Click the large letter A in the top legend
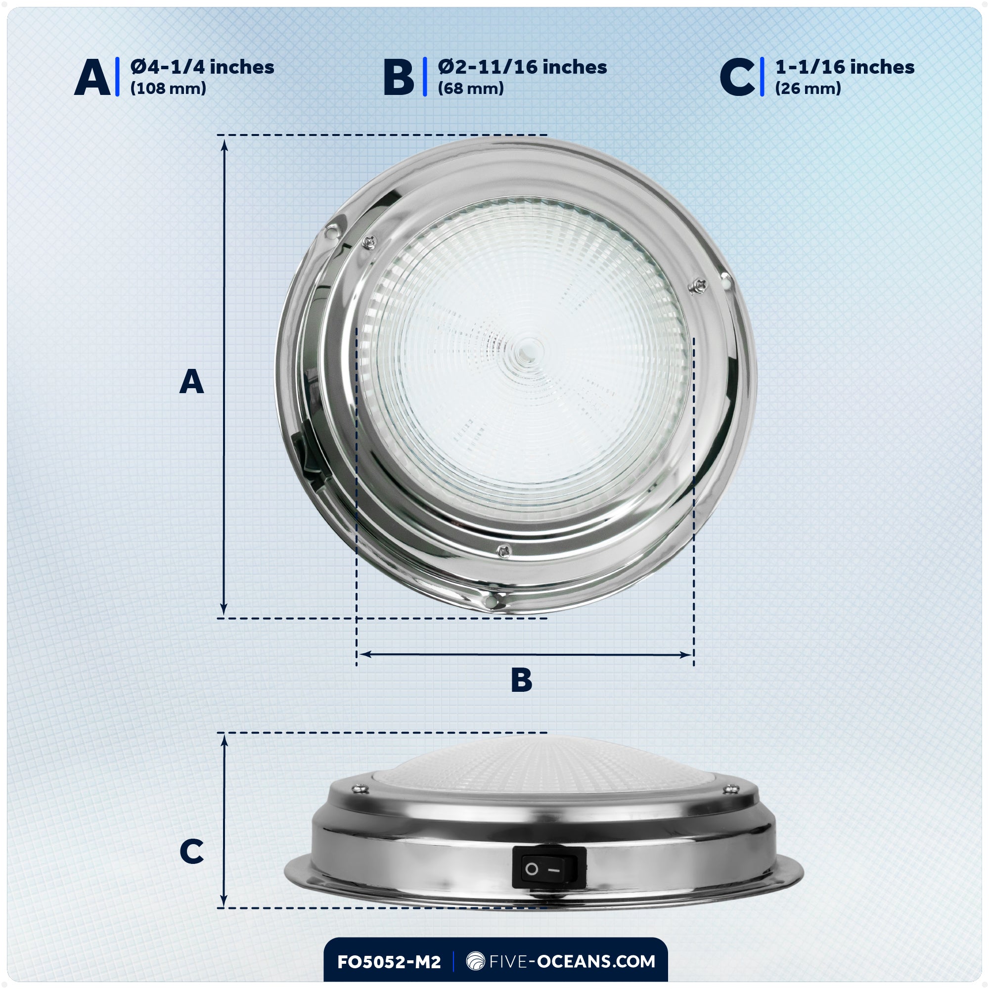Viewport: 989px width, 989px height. pos(92,77)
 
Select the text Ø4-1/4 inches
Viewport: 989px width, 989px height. pos(202,67)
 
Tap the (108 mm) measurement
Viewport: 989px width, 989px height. pos(168,89)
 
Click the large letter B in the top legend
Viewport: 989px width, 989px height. pos(398,77)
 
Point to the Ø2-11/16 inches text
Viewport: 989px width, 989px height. pos(522,67)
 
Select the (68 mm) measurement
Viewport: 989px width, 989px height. pos(470,89)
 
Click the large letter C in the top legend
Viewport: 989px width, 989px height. pos(737,77)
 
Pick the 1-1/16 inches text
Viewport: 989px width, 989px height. pos(845,67)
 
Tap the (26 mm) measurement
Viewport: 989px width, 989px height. pos(808,89)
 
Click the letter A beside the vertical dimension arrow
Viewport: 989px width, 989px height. pos(191,381)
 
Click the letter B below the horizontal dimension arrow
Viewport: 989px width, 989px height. pos(522,680)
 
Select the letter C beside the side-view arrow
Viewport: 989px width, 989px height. pos(191,852)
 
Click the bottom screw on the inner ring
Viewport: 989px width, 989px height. pos(504,551)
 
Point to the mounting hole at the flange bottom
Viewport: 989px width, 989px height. pos(491,600)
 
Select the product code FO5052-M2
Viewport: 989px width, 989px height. pos(389,962)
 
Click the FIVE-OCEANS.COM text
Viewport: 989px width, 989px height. pos(572,961)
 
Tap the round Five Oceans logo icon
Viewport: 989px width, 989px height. pos(476,961)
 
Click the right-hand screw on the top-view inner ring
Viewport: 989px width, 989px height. pos(698,286)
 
